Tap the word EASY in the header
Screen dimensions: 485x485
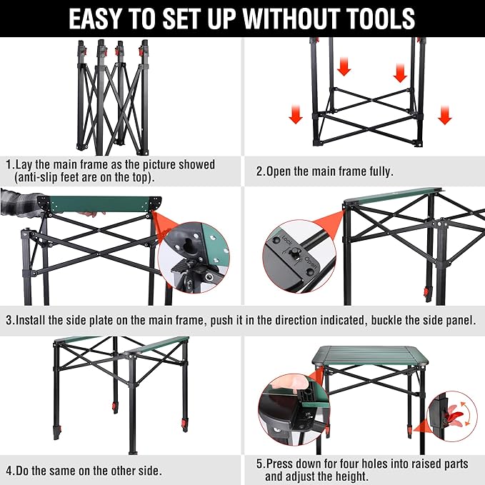click(x=94, y=19)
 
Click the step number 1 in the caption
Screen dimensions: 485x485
click(x=9, y=164)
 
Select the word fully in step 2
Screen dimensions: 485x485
click(x=381, y=171)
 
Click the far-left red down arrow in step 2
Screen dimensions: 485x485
click(x=296, y=114)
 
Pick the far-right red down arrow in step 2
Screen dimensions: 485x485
click(x=445, y=115)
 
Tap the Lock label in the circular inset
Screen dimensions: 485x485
click(x=286, y=240)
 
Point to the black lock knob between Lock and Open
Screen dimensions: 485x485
click(x=295, y=252)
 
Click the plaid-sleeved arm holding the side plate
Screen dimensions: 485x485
click(x=21, y=203)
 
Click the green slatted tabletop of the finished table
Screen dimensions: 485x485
click(x=370, y=355)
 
